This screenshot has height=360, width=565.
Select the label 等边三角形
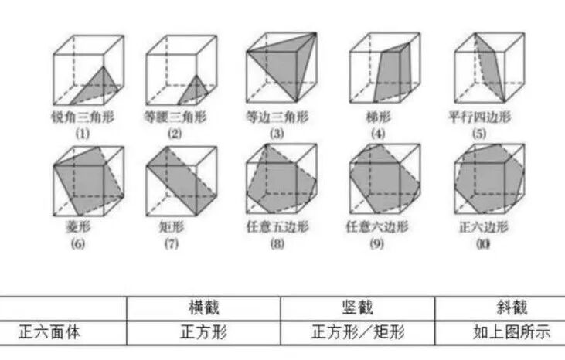(x=276, y=118)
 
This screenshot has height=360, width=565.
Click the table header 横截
(x=203, y=307)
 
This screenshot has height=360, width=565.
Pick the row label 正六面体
(x=51, y=333)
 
